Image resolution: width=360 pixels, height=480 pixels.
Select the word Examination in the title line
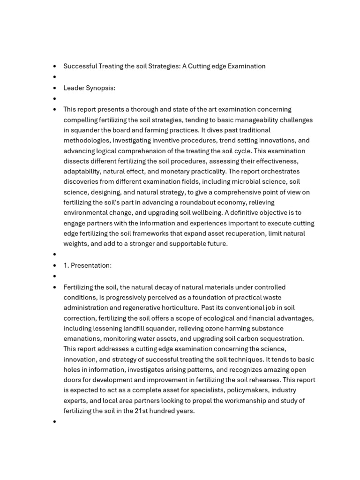click(247, 66)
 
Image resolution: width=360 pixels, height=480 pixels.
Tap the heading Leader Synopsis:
click(90, 88)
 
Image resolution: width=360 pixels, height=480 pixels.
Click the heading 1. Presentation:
click(88, 265)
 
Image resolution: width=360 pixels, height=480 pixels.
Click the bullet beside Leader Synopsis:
click(55, 88)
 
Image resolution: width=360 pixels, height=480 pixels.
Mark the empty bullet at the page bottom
click(55, 421)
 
